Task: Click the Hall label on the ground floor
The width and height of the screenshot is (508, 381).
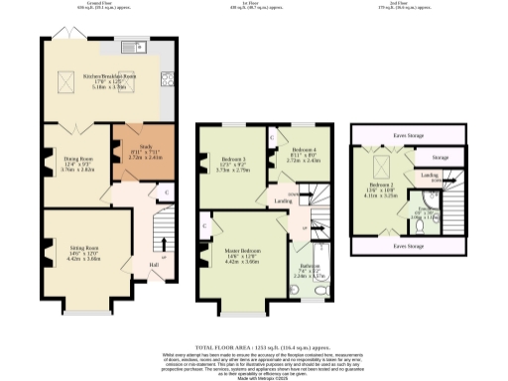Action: (154, 264)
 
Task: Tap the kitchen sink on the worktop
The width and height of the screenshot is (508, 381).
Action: (130, 47)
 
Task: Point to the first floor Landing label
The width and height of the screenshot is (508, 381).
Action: (283, 199)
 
